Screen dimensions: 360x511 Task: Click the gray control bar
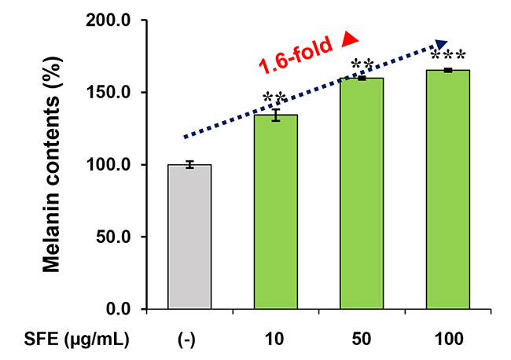pos(189,236)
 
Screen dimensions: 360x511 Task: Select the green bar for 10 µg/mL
pos(276,211)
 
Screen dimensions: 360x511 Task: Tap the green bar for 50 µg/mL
pos(362,193)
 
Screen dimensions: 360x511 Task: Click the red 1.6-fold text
pos(296,57)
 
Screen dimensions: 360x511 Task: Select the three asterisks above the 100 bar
pos(448,57)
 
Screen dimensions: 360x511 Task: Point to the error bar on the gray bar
pos(189,164)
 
